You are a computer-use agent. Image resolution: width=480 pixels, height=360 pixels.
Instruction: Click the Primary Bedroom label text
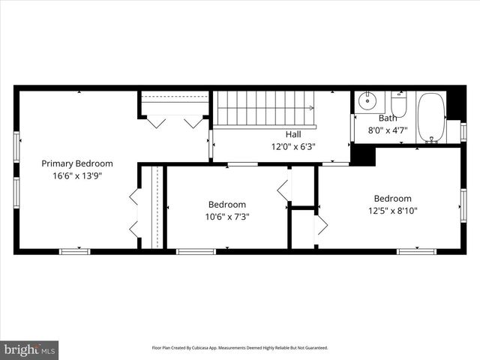[x=77, y=163]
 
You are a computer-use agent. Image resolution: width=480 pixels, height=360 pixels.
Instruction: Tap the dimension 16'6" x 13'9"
[x=77, y=176]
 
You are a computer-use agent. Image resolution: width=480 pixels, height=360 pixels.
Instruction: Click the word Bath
[x=388, y=118]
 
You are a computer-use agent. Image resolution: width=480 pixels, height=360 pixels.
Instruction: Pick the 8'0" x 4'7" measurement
[x=388, y=130]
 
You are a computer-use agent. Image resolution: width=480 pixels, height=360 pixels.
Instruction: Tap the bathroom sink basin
[x=367, y=100]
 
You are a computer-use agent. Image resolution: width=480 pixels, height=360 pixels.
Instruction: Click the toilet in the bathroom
[x=399, y=104]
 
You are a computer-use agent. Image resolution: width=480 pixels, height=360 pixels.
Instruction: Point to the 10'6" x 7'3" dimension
[x=227, y=217]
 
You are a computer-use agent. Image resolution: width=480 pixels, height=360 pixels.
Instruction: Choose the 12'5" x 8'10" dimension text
[x=393, y=211]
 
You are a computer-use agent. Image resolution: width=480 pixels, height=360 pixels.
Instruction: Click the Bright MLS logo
[x=30, y=349]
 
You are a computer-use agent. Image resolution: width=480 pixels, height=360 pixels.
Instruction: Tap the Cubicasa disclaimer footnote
[x=240, y=348]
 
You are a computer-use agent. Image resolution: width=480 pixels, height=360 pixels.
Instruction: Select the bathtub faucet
[x=431, y=138]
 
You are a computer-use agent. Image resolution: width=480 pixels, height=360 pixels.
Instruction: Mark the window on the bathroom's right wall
[x=463, y=131]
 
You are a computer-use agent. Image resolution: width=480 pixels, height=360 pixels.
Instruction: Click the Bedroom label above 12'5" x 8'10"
[x=393, y=198]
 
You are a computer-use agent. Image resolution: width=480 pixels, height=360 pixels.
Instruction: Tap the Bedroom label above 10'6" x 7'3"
[x=227, y=204]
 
